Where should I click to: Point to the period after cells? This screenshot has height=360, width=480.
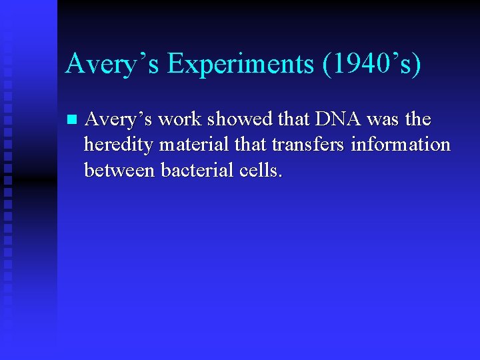pos(281,176)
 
